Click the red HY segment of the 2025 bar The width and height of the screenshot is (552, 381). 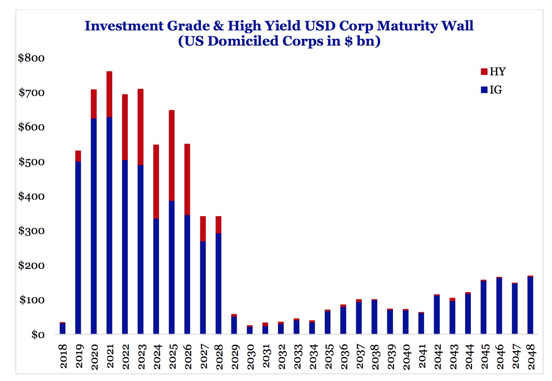[171, 155]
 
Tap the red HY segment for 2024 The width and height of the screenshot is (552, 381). [156, 182]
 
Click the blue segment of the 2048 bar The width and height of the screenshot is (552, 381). [530, 305]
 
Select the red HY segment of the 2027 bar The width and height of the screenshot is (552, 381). [203, 229]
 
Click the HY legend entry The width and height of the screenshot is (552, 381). [493, 72]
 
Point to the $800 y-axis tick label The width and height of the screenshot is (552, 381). [31, 58]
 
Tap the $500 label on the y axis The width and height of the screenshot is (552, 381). [31, 162]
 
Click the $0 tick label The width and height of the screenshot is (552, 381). [38, 335]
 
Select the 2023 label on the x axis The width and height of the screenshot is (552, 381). [141, 357]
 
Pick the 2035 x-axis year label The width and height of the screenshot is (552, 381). [328, 357]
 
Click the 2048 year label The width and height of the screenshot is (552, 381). [530, 357]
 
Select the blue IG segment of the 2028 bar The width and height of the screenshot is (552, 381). [218, 283]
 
